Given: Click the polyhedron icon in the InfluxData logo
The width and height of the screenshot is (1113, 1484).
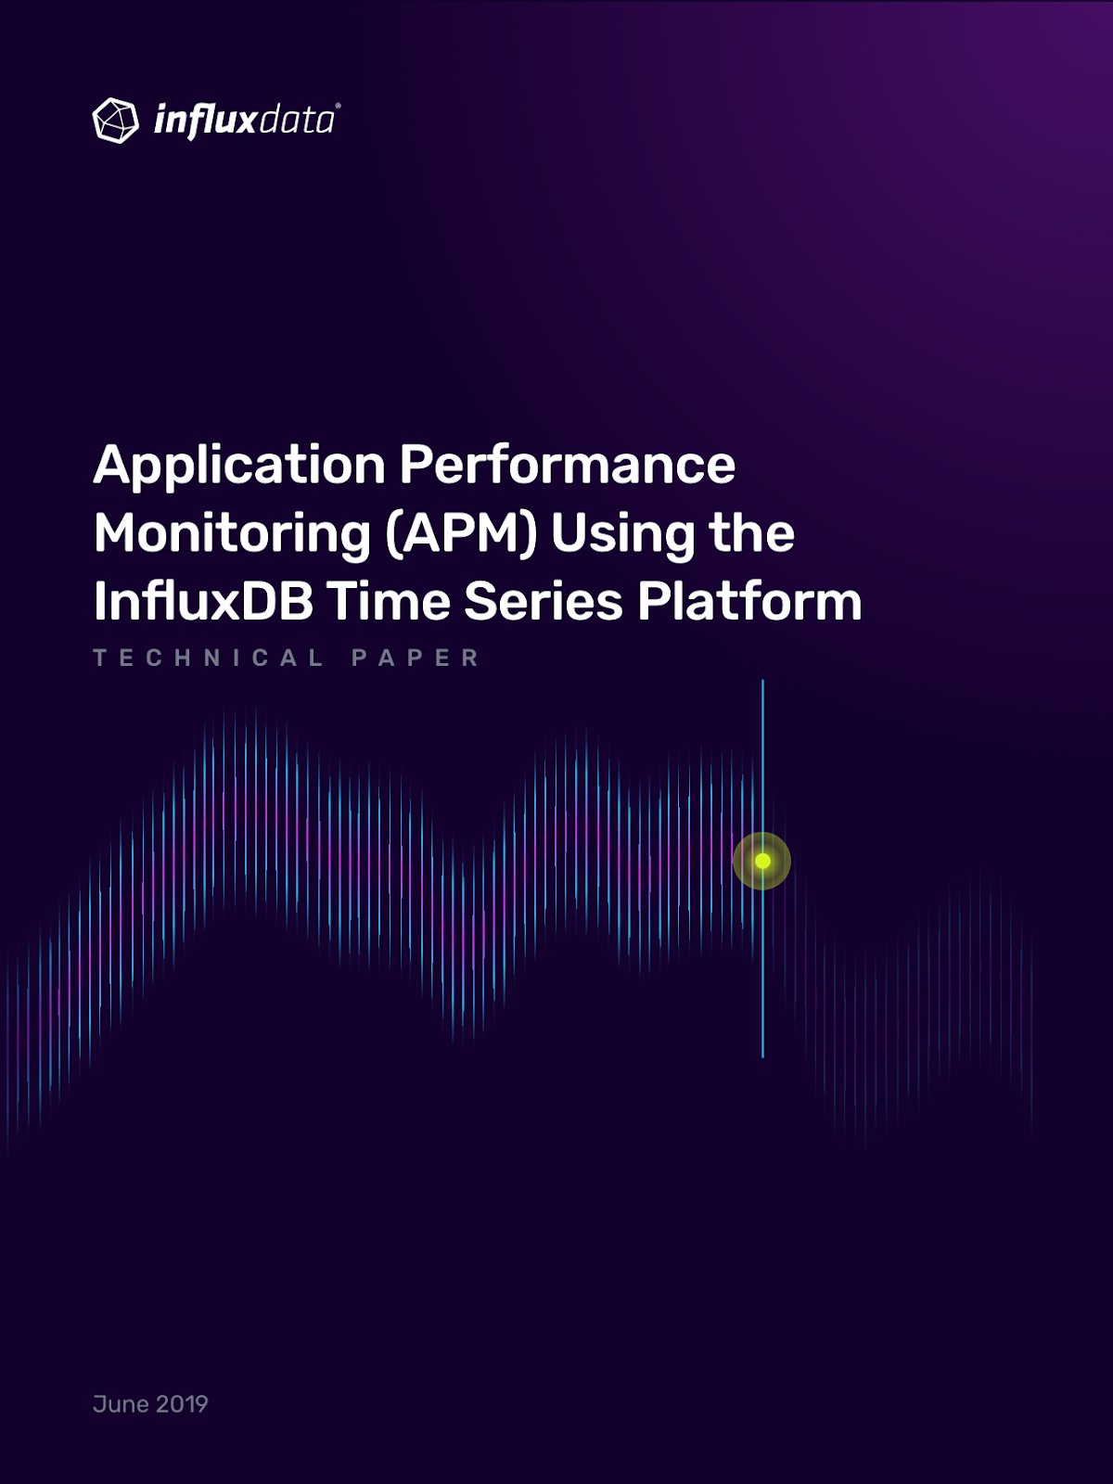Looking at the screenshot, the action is click(x=116, y=121).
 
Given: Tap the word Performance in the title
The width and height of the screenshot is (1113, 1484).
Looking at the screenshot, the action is click(x=567, y=465).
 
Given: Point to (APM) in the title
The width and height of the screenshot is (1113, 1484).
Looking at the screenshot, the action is click(x=462, y=535).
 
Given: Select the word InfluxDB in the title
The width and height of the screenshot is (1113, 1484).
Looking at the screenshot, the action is click(x=203, y=601).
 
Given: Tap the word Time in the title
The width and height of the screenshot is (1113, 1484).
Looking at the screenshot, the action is click(x=390, y=601).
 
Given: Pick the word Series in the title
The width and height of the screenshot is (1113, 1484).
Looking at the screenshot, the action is click(x=544, y=601).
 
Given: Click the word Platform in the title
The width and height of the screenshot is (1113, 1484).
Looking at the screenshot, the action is click(x=749, y=601).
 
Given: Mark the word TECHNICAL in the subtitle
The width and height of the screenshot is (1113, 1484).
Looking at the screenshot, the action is click(x=208, y=658).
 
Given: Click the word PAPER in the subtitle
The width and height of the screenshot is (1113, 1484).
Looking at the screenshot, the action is click(x=415, y=658).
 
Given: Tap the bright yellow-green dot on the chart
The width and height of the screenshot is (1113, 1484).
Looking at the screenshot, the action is click(x=762, y=861).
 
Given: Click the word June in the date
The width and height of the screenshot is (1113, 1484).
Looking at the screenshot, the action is click(x=121, y=1404).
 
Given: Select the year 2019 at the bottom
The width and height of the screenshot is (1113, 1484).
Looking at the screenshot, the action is click(x=182, y=1404).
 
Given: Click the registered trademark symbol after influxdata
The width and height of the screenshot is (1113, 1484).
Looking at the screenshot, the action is click(x=338, y=106).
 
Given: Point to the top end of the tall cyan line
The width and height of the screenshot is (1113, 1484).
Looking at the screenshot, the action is click(x=763, y=680).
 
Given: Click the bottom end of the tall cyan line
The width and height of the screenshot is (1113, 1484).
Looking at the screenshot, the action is click(x=763, y=1056).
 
